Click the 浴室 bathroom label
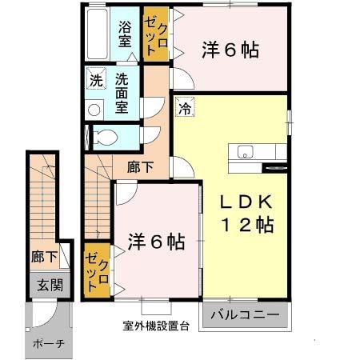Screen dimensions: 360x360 [125, 35]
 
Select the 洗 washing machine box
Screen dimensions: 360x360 [95, 80]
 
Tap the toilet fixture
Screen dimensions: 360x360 [102, 136]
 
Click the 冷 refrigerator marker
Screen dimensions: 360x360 [184, 106]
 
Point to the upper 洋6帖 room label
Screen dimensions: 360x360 [230, 50]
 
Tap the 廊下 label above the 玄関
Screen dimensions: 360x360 [44, 258]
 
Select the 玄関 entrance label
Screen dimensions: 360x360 [44, 284]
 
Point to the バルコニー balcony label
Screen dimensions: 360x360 [246, 314]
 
